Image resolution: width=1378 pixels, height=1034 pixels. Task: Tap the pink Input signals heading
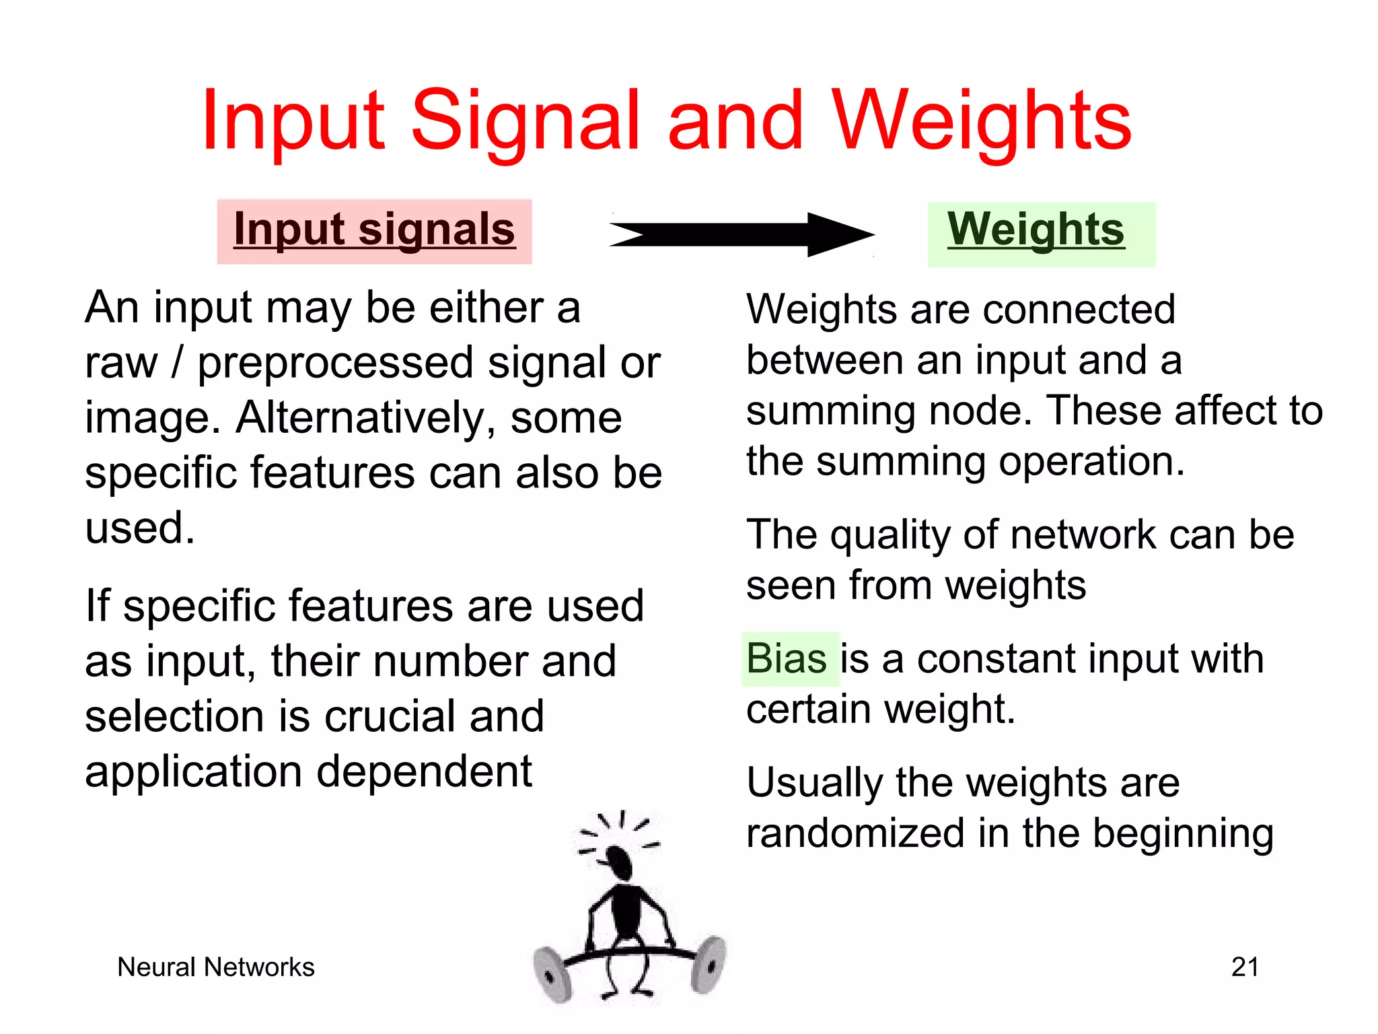click(x=374, y=230)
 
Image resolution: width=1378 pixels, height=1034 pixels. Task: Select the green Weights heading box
click(x=1040, y=233)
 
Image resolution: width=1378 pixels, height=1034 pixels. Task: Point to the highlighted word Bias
click(x=787, y=659)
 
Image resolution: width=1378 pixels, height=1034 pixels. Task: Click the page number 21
click(x=1245, y=967)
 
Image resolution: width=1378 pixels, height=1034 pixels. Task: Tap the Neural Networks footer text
click(x=215, y=967)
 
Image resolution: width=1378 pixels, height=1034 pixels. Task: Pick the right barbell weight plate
click(x=708, y=964)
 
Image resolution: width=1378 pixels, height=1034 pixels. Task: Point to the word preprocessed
click(x=335, y=364)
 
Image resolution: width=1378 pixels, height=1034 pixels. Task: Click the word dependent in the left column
click(x=424, y=771)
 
